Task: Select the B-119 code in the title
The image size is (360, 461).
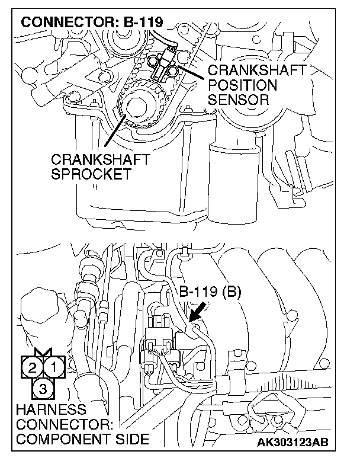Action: click(x=142, y=24)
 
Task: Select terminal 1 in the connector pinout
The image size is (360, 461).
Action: click(x=52, y=367)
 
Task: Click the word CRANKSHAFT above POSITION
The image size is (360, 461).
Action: click(x=256, y=71)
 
